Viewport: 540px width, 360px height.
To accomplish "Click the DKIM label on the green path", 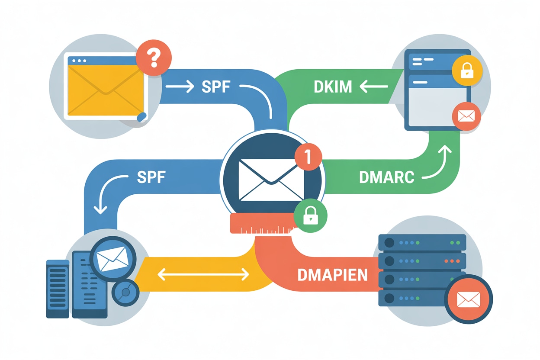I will [x=333, y=87].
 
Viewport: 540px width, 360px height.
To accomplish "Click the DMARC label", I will [x=386, y=177].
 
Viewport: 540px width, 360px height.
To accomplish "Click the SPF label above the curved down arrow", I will [x=151, y=177].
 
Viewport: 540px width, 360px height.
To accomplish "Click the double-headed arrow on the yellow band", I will [x=203, y=273].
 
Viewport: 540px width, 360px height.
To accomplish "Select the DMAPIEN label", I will [x=332, y=274].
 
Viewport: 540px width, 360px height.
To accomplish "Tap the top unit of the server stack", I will [x=422, y=242].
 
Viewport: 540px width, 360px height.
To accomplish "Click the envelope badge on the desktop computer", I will [x=112, y=258].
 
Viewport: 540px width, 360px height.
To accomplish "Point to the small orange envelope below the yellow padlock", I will [x=466, y=116].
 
